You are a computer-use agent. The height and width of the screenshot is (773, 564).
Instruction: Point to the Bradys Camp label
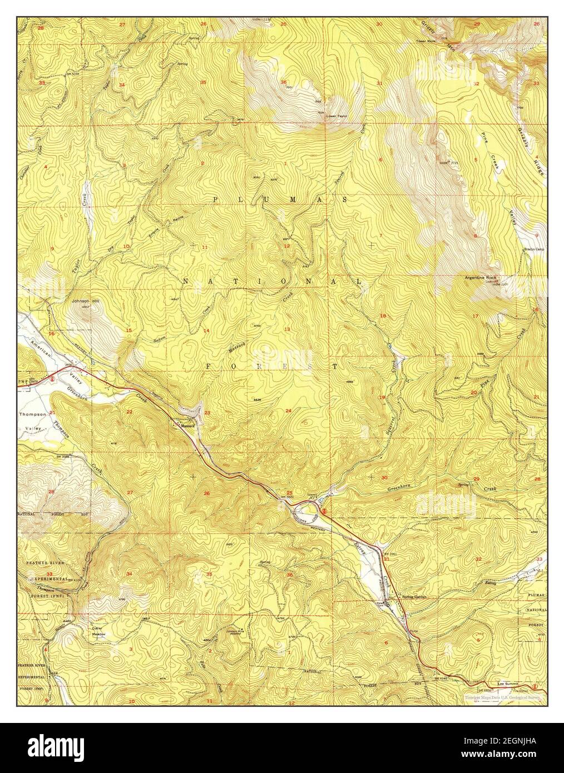[x=533, y=249]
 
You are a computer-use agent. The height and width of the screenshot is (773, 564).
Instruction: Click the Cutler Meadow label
[x=99, y=631]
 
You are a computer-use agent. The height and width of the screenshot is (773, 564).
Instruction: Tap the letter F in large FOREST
[x=210, y=366]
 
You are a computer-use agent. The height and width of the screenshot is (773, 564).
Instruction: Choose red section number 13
[x=288, y=329]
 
